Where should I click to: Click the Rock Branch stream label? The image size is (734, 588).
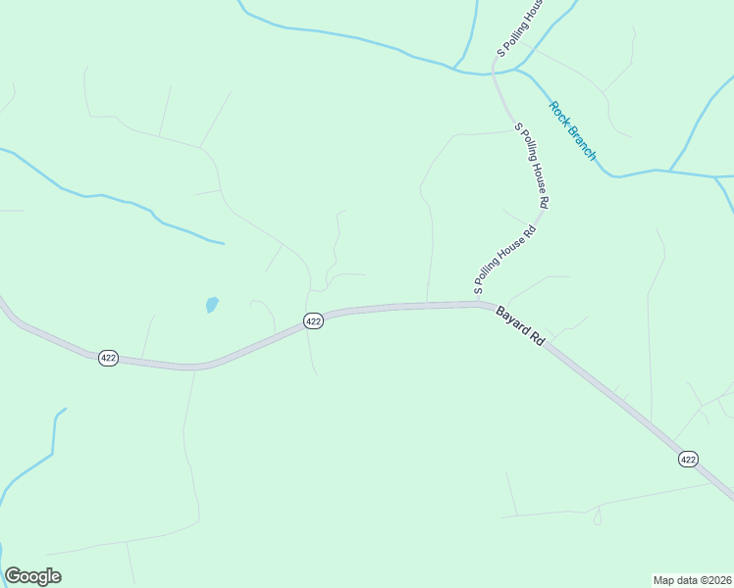point(572,130)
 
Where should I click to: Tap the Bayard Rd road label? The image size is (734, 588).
point(520,325)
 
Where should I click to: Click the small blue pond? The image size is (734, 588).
point(212,305)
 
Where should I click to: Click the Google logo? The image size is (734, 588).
point(32,576)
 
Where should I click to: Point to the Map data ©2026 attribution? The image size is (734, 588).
point(692,579)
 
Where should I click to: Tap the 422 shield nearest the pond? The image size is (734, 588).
point(313,320)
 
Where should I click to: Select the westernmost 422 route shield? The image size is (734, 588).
point(108,358)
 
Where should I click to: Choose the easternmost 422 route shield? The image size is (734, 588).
point(688,458)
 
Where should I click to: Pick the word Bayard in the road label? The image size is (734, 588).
point(513,319)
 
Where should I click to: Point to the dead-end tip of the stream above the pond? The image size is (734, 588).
point(224,242)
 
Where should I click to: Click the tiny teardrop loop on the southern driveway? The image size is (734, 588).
point(598,516)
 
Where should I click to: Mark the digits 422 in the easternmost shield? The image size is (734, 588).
point(688,458)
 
